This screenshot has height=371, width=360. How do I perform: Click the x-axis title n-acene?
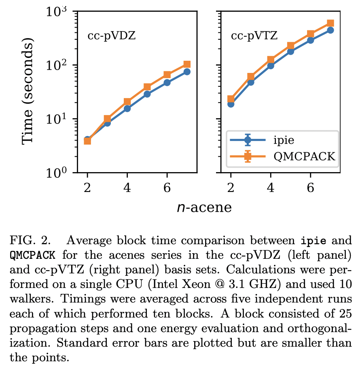pyautogui.click(x=204, y=207)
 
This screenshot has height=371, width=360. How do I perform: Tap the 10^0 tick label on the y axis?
pyautogui.click(x=57, y=173)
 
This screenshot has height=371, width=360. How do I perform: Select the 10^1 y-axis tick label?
pyautogui.click(x=57, y=119)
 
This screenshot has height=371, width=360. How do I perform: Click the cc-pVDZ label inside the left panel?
pyautogui.click(x=111, y=36)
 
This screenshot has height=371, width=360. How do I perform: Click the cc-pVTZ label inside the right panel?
pyautogui.click(x=254, y=36)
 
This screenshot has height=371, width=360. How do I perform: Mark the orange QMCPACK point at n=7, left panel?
pyautogui.click(x=187, y=64)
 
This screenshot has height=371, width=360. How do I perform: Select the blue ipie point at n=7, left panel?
pyautogui.click(x=187, y=72)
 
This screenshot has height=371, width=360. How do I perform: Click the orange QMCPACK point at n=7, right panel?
pyautogui.click(x=330, y=23)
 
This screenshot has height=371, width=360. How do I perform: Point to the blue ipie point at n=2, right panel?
pyautogui.click(x=231, y=104)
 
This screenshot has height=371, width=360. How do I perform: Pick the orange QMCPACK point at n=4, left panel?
pyautogui.click(x=127, y=102)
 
